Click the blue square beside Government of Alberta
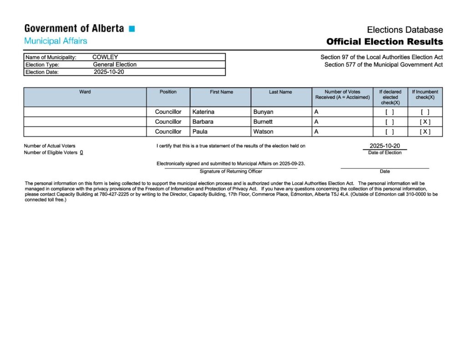point(132,29)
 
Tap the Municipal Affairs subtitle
point(56,41)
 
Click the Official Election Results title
point(384,42)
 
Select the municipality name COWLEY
point(105,57)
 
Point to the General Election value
point(115,65)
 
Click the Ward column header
point(85,92)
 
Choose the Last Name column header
point(280,92)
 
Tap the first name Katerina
point(204,112)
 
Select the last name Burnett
point(263,122)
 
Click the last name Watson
point(263,132)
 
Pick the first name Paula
point(200,132)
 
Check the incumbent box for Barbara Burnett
point(425,122)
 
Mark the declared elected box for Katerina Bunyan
point(390,112)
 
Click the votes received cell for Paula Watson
point(342,132)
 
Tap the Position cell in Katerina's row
point(168,112)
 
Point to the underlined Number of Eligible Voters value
point(81,152)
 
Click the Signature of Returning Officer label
point(231,172)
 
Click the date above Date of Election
point(385,146)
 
